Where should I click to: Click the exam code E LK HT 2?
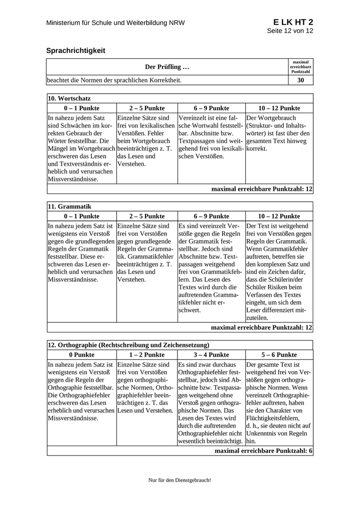(293, 22)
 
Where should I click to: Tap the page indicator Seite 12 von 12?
(290, 31)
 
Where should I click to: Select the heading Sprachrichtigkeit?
(76, 50)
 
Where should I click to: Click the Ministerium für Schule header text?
(115, 23)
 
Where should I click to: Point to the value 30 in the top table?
(301, 80)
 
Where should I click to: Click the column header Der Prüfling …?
(167, 67)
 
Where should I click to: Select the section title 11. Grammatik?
(69, 206)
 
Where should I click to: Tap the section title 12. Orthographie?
(128, 345)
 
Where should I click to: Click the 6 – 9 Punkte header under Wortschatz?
(211, 108)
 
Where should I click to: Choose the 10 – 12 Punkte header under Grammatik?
(279, 216)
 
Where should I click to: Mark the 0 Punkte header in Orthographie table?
(81, 355)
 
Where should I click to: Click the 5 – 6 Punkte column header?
(279, 355)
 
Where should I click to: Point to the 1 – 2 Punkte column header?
(147, 355)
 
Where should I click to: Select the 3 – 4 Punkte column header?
(211, 355)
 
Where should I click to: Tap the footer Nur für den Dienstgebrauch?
(179, 480)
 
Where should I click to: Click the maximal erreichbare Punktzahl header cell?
(301, 66)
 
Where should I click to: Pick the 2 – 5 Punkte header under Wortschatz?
(147, 108)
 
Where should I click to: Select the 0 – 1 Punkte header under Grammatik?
(81, 216)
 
